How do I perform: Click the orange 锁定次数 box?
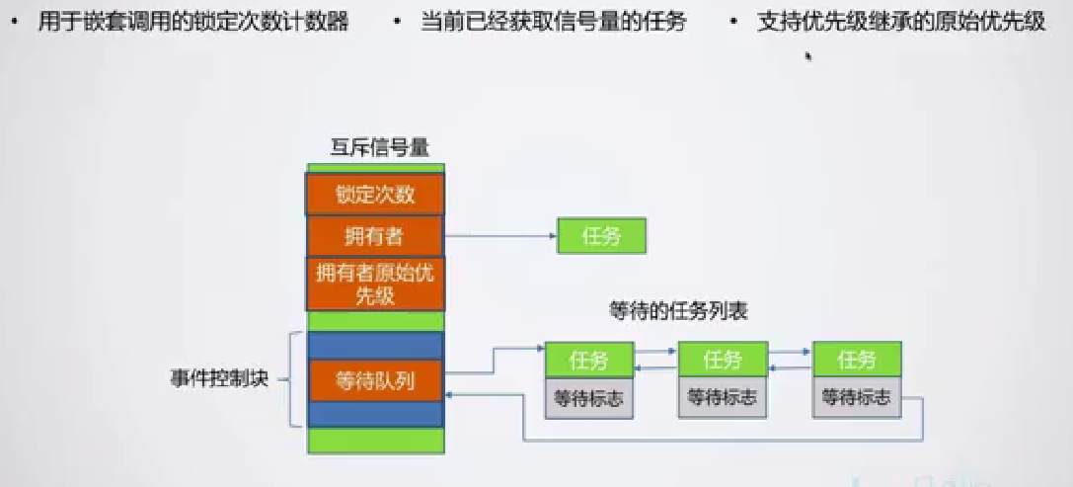pyautogui.click(x=375, y=194)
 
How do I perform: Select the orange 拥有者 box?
pyautogui.click(x=375, y=235)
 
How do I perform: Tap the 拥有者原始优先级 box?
pyautogui.click(x=375, y=284)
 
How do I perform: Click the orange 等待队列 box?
pyautogui.click(x=375, y=380)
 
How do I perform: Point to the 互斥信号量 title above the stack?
pyautogui.click(x=379, y=148)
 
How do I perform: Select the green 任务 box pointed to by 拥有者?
pyautogui.click(x=601, y=236)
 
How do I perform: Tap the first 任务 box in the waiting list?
pyautogui.click(x=589, y=360)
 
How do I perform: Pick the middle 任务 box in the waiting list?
pyautogui.click(x=723, y=360)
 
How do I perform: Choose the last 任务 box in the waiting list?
pyautogui.click(x=856, y=360)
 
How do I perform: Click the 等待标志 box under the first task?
pyautogui.click(x=589, y=398)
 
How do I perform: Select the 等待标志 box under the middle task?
pyautogui.click(x=723, y=398)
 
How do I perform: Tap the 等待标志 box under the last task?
pyautogui.click(x=856, y=398)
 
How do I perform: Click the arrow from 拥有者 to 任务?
pyautogui.click(x=498, y=236)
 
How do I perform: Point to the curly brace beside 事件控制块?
pyautogui.click(x=293, y=379)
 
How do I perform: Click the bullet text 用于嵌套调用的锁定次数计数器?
pyautogui.click(x=193, y=23)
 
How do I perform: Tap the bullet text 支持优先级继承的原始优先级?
pyautogui.click(x=901, y=23)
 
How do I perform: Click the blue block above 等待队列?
pyautogui.click(x=375, y=346)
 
